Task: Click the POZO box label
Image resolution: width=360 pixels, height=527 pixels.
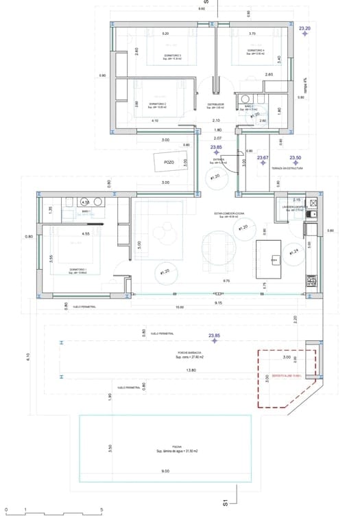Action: point(169,162)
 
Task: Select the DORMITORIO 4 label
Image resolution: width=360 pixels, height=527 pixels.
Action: point(255,51)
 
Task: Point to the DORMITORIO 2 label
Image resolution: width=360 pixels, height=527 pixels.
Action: point(158,104)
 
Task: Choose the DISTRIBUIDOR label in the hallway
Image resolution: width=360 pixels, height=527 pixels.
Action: point(216,105)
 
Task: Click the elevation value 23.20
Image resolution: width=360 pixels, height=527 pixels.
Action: point(305,29)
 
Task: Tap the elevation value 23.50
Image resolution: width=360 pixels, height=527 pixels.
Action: point(296,157)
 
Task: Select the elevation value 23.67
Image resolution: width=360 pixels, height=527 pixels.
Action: point(262,158)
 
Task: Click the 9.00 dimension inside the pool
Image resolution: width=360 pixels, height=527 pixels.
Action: point(165,471)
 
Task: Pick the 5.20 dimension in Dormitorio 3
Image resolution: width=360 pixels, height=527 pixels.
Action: point(165,34)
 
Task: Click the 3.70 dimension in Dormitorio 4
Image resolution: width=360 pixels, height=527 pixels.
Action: point(252,34)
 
